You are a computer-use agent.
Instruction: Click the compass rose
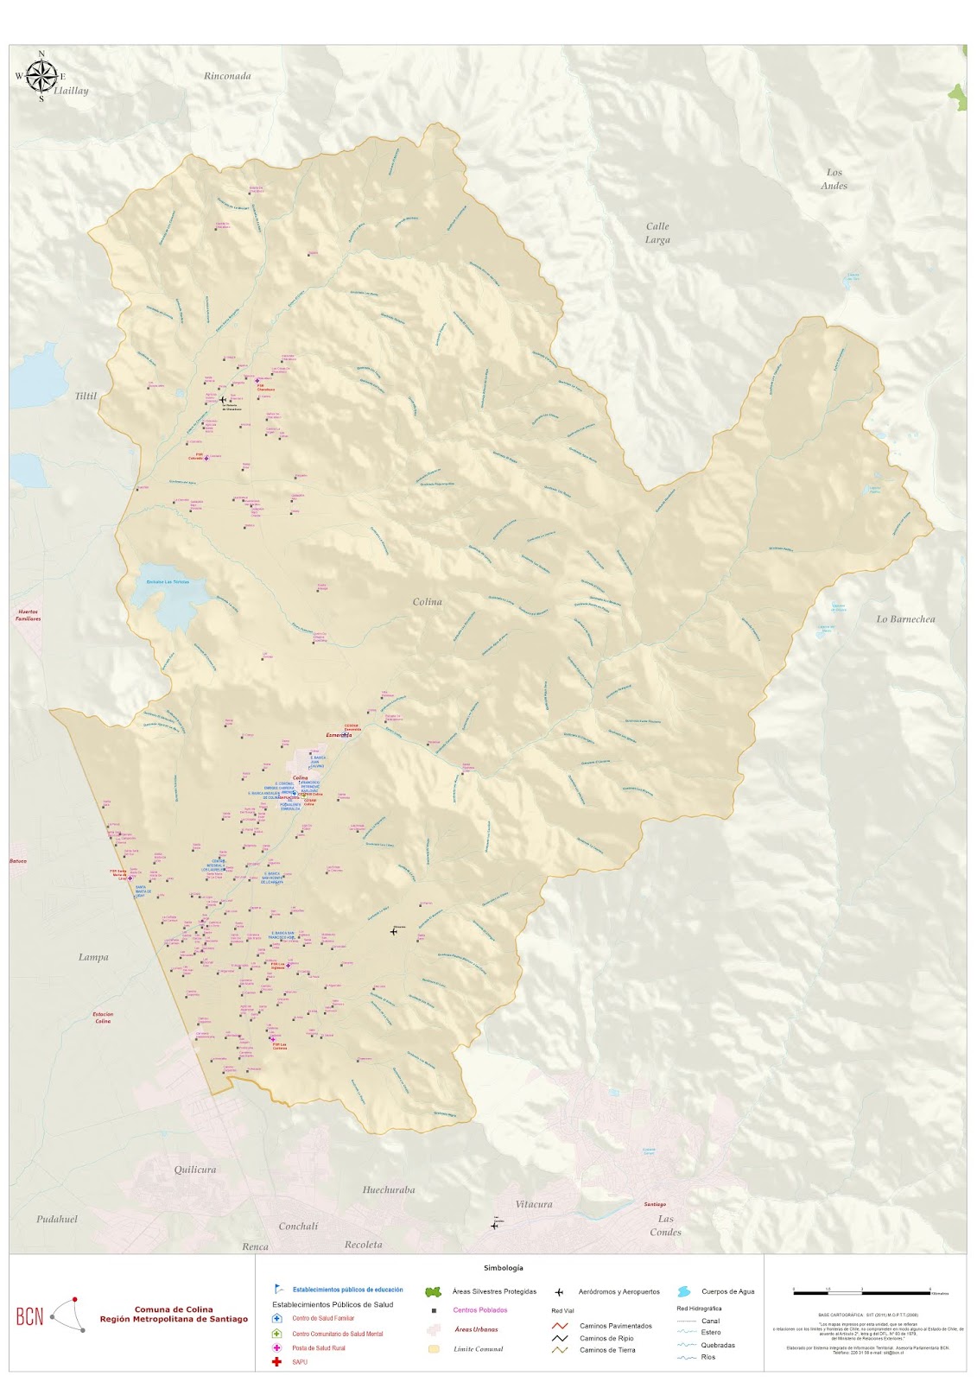[x=40, y=76]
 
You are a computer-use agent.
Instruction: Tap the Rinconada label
[x=227, y=76]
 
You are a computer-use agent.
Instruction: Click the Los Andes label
[x=834, y=179]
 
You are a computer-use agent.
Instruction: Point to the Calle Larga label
[x=657, y=233]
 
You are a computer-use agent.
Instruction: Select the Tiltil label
[x=86, y=396]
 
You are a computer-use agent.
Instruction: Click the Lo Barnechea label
[x=905, y=619]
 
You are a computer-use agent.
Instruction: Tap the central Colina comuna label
[x=427, y=602]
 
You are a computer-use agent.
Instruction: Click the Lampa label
[x=93, y=957]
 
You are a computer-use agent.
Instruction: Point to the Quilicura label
[x=195, y=1170]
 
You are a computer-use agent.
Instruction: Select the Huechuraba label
[x=388, y=1189]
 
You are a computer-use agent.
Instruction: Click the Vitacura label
[x=533, y=1204]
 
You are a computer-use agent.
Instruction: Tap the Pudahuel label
[x=57, y=1220]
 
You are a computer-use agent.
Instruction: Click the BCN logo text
[x=29, y=1317]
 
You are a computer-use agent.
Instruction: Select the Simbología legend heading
[x=503, y=1268]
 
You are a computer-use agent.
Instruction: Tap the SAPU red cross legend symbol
[x=276, y=1362]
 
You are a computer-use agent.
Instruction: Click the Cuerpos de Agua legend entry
[x=727, y=1291]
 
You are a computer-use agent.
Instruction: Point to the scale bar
[x=861, y=1291]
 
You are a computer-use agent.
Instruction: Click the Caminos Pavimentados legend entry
[x=615, y=1326]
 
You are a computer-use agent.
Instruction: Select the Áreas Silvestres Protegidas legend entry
[x=494, y=1291]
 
